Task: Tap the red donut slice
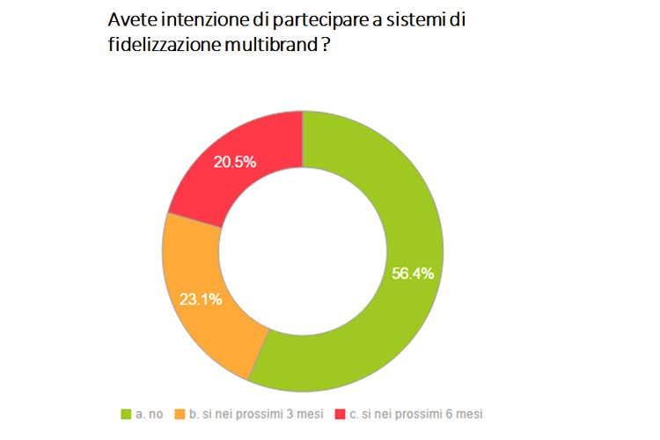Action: pos(246,167)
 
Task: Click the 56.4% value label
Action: pos(413,273)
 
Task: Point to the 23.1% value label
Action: pos(202,298)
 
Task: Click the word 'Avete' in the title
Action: pos(128,20)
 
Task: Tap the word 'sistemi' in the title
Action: pos(407,20)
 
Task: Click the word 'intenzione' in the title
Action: pos(200,20)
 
